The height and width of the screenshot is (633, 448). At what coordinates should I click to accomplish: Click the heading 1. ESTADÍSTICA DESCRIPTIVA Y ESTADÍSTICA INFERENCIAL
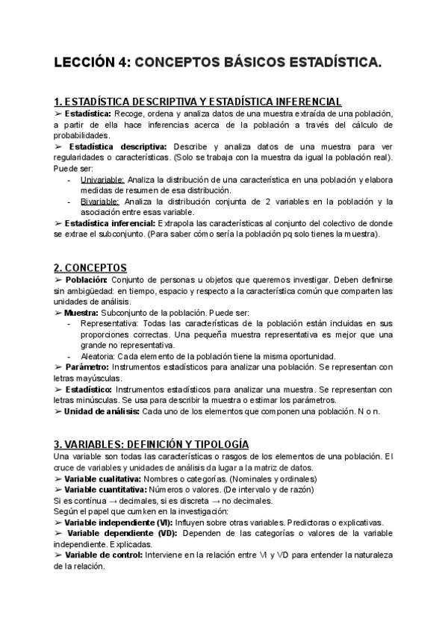(x=198, y=101)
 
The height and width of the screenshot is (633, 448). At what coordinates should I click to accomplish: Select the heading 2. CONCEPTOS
(x=90, y=267)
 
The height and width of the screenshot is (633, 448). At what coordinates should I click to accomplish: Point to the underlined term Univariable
(x=103, y=180)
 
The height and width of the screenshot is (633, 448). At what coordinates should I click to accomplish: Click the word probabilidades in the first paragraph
(x=82, y=135)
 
